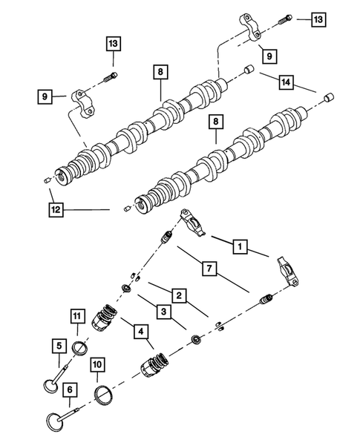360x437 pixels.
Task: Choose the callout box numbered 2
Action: pyautogui.click(x=179, y=296)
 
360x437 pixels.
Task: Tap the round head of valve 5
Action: pyautogui.click(x=48, y=387)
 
